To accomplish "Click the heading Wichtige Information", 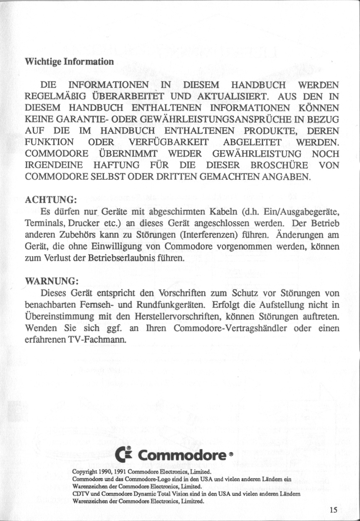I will click(69, 62).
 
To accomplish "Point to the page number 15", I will click(334, 511).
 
